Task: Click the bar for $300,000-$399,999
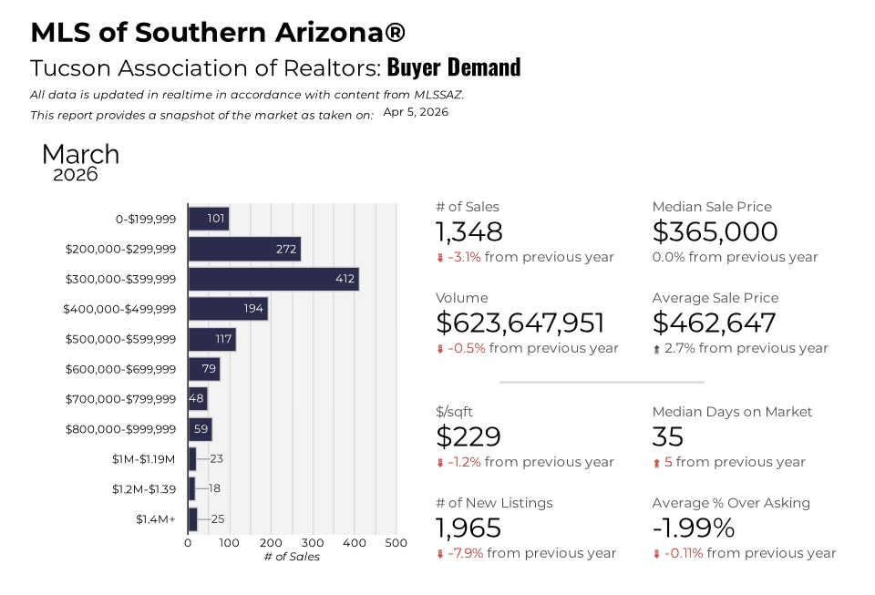coord(273,279)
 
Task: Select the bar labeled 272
coord(244,249)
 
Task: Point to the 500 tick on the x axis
coord(396,543)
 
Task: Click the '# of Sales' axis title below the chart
coord(292,557)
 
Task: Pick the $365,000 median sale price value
coord(715,232)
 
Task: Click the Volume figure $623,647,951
coord(520,323)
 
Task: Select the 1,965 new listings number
coord(468,528)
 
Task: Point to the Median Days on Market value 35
coord(668,437)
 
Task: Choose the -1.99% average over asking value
coord(693,528)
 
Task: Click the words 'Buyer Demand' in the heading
coord(454,67)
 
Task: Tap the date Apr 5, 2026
coord(416,112)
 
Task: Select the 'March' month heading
coord(80,154)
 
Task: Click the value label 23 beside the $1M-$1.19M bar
coord(217,459)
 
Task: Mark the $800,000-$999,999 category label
coord(120,429)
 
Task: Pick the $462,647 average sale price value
coord(714,323)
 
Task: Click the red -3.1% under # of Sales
coord(464,257)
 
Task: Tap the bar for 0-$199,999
coord(208,219)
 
